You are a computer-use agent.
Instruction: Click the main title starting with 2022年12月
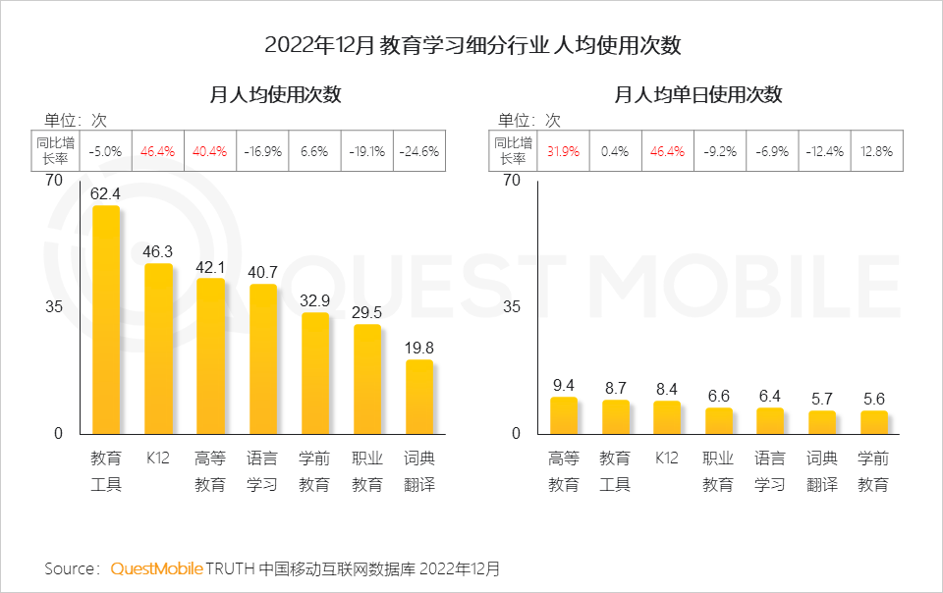click(x=472, y=46)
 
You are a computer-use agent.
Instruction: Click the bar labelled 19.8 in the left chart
click(x=419, y=397)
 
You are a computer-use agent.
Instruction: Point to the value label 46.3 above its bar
click(x=157, y=251)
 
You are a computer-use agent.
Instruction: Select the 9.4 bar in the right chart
click(x=564, y=415)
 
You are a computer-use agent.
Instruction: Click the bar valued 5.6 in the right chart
click(x=873, y=422)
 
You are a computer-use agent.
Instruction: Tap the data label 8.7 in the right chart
click(x=616, y=388)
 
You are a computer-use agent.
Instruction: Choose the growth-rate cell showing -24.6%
click(x=419, y=152)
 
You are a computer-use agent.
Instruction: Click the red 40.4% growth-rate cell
click(x=210, y=152)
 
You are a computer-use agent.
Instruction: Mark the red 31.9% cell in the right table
click(x=564, y=152)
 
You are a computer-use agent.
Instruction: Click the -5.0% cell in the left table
click(x=105, y=152)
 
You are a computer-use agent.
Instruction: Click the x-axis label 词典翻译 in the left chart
click(x=419, y=471)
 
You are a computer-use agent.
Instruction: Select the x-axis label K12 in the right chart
click(x=667, y=458)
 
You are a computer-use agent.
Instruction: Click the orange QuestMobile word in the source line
click(x=156, y=568)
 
